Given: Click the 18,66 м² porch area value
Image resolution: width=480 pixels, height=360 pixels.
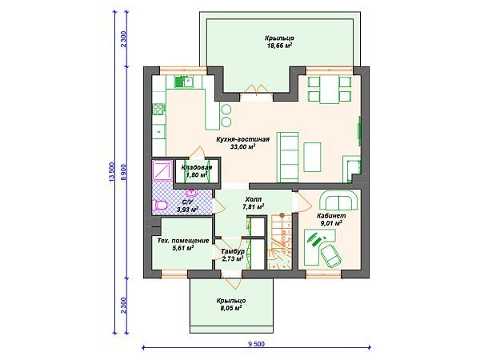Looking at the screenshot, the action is click(x=278, y=46).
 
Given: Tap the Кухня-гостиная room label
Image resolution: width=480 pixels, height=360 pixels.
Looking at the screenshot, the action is click(x=242, y=139).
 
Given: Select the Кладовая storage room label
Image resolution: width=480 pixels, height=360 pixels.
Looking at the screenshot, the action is click(x=197, y=167).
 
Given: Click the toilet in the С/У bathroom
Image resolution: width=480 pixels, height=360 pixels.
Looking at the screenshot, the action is click(x=161, y=205).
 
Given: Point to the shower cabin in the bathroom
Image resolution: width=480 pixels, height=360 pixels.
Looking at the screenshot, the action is click(x=162, y=170).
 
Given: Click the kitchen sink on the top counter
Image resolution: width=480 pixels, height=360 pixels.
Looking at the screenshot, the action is click(x=184, y=82).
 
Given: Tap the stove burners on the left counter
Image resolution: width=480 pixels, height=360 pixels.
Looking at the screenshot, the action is click(x=158, y=109).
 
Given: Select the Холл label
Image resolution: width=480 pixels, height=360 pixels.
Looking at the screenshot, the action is click(x=254, y=199).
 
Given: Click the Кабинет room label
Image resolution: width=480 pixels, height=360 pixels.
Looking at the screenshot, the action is click(x=331, y=215).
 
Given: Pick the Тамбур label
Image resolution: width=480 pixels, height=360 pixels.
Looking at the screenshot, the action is click(x=233, y=251).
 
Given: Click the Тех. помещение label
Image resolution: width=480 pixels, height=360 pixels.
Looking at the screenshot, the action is click(x=183, y=241).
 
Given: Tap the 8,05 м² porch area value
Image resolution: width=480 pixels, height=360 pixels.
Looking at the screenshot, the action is click(x=231, y=308).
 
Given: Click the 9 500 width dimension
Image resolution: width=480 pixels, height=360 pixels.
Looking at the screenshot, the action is click(x=257, y=344).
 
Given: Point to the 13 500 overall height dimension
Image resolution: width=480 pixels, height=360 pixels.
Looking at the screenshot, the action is click(x=111, y=172).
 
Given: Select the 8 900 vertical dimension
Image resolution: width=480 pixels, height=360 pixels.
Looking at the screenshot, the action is click(x=124, y=174).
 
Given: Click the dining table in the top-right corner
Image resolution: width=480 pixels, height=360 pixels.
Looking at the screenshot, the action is click(x=329, y=89).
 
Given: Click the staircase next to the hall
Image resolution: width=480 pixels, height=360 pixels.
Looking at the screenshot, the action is click(x=280, y=242).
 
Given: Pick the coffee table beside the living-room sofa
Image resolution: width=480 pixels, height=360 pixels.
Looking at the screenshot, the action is click(x=312, y=157).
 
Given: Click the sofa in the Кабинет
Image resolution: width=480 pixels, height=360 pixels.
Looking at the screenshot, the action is click(x=339, y=201).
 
